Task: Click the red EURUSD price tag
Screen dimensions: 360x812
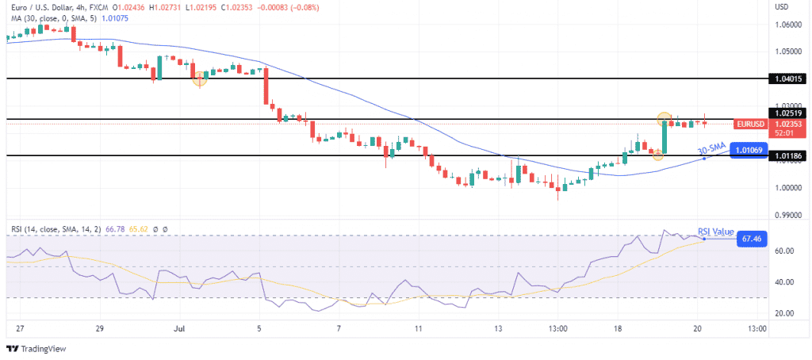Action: (x=750, y=124)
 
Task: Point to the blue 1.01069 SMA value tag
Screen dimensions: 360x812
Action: (x=749, y=149)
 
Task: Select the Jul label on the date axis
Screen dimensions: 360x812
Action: (x=179, y=327)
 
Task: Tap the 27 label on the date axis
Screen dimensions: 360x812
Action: (x=21, y=327)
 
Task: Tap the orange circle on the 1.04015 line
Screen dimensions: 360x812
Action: (x=200, y=79)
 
